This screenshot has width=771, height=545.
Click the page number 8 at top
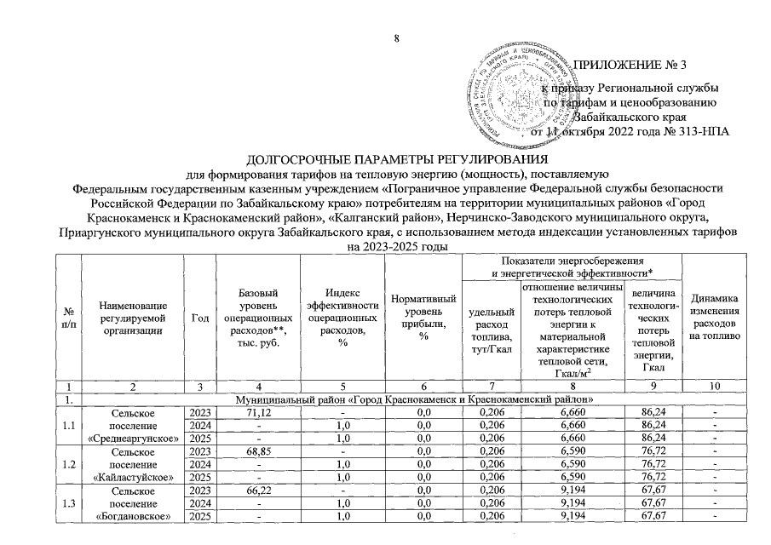(x=395, y=38)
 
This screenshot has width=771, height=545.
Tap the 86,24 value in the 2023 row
(x=651, y=411)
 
